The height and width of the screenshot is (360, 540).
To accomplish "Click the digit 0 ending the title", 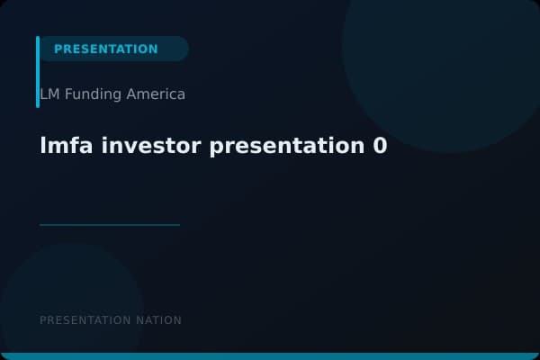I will tap(380, 146).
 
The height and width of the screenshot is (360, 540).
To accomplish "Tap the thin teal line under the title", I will tap(110, 224).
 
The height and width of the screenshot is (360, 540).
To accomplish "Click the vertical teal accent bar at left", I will tap(38, 72).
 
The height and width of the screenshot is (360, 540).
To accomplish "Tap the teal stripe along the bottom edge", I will tap(270, 356).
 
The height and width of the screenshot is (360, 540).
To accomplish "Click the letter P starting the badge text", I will tap(58, 49).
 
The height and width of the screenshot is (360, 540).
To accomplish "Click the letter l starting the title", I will tap(43, 146).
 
